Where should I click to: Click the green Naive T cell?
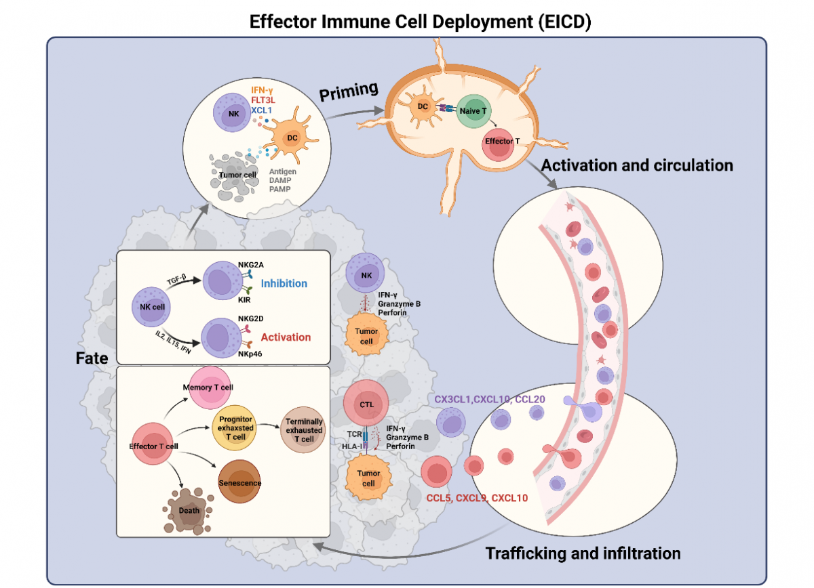click(x=473, y=111)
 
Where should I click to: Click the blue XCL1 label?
click(x=261, y=110)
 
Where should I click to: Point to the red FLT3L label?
click(x=263, y=100)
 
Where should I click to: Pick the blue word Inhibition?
click(x=284, y=283)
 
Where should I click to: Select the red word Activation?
click(x=286, y=337)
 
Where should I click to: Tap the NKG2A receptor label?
click(x=251, y=265)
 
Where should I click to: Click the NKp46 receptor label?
click(x=250, y=354)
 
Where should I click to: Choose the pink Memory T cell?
click(x=210, y=387)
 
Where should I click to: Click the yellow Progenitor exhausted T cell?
click(x=235, y=428)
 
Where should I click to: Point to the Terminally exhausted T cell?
click(x=303, y=430)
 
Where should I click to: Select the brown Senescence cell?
click(x=239, y=482)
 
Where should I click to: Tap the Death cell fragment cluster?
click(x=189, y=511)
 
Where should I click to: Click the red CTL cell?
click(x=366, y=403)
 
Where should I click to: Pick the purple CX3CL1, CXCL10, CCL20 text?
click(x=490, y=399)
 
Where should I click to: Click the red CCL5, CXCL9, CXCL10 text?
click(x=477, y=498)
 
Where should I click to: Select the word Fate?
click(x=92, y=358)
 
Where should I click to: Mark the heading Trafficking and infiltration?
click(x=583, y=553)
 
